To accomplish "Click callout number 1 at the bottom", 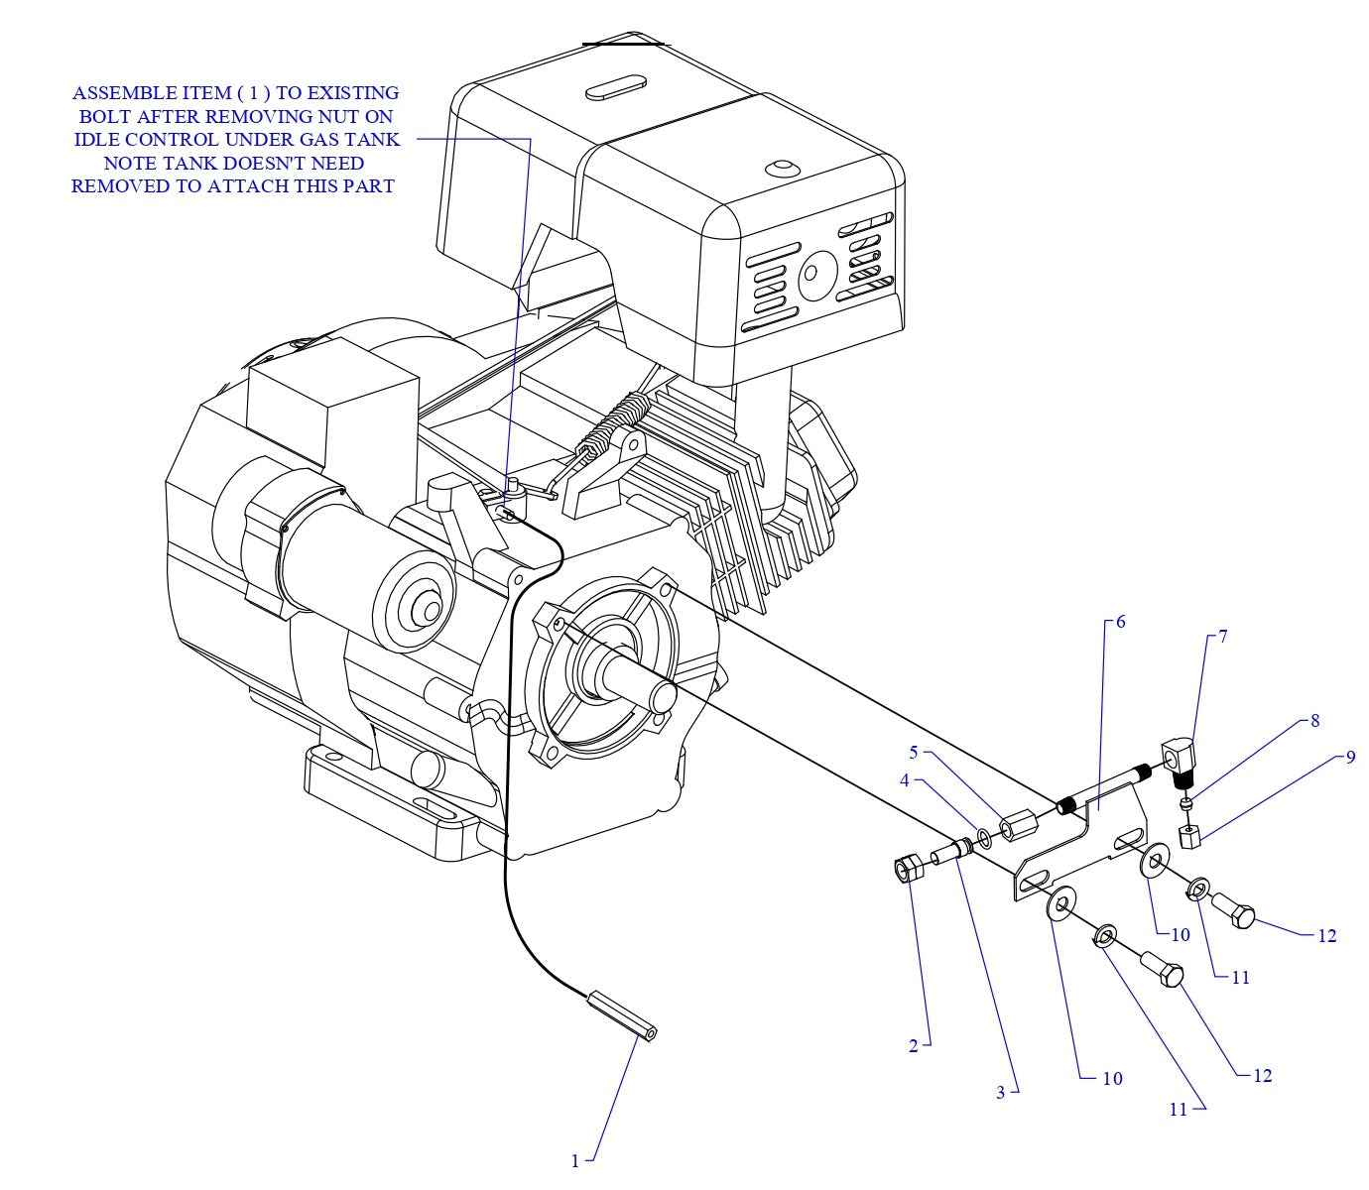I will [x=574, y=1159].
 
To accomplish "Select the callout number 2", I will [x=913, y=1046].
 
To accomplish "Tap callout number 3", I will [x=1001, y=1092].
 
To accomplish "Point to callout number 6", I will [x=1120, y=622].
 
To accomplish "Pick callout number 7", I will [x=1223, y=637].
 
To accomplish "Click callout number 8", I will [x=1315, y=721].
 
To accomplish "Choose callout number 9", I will [x=1350, y=758].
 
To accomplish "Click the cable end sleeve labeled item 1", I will [x=623, y=1014].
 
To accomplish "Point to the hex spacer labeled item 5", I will [x=1017, y=827].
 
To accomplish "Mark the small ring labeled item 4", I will [x=984, y=840].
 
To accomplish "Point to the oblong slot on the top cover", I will [x=616, y=87].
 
